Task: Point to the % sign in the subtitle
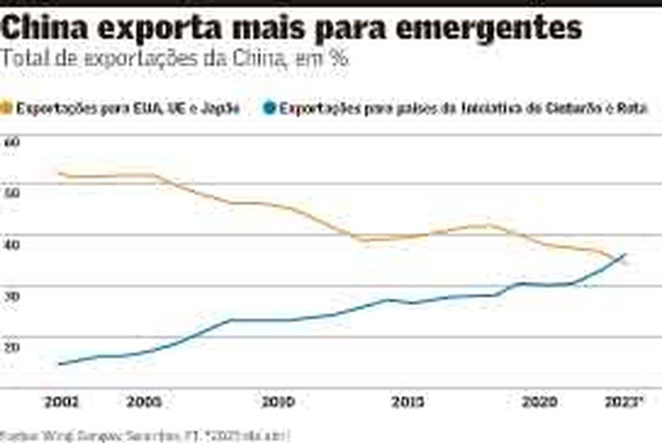pos(338,58)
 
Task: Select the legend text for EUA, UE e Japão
pos(127,108)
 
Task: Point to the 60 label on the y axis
pos(11,142)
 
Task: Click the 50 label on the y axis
pos(11,193)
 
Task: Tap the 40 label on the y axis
pos(11,244)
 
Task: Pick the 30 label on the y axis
pos(11,295)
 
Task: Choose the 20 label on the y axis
pos(11,346)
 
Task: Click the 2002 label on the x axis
pos(61,403)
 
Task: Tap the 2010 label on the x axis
pos(277,403)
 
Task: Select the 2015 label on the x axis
pos(408,403)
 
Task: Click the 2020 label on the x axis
pos(538,403)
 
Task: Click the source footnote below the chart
pos(145,436)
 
